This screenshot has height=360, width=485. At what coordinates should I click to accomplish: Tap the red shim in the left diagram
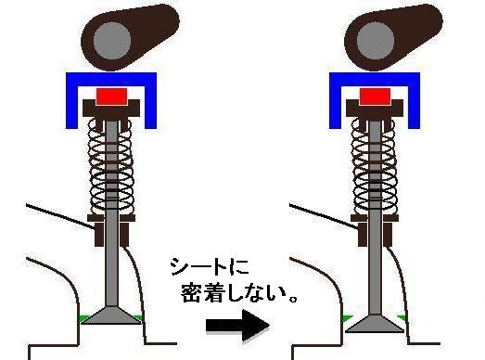(x=112, y=96)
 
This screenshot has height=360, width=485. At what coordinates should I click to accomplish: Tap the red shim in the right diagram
(x=375, y=96)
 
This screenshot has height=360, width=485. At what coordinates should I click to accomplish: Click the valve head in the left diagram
(x=112, y=316)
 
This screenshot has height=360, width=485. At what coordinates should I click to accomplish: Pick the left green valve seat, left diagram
(x=84, y=318)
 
